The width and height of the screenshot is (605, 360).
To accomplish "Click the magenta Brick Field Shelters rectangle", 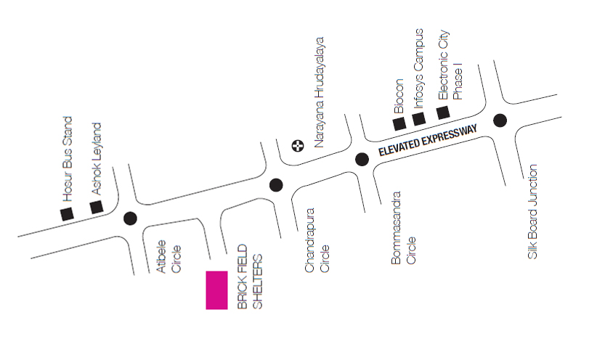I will tap(216, 290).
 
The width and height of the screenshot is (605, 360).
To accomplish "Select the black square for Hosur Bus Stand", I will tap(67, 213).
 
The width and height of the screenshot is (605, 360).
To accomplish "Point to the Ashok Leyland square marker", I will tap(96, 208).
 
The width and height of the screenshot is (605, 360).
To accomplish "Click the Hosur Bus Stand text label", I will tap(68, 158).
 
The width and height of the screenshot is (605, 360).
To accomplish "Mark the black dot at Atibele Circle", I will tap(130, 218).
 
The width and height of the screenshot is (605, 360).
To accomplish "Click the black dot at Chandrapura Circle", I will tap(276, 185).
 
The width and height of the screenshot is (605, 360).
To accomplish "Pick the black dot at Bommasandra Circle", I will tap(361, 160).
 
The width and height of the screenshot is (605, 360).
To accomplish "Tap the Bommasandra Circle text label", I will tap(404, 227).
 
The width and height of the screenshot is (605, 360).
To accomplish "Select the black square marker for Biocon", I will tap(399, 123).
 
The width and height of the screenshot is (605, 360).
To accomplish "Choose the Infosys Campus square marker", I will tap(418, 119).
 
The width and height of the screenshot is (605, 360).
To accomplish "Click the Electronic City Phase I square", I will tap(442, 112).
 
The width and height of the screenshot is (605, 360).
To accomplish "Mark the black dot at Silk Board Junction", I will tap(500, 120).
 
